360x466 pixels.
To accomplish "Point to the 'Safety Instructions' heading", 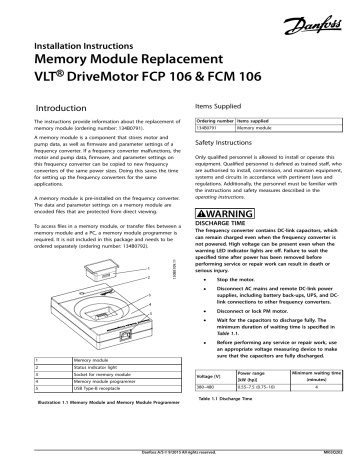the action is (222, 144).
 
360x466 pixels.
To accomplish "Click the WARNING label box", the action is (238, 214).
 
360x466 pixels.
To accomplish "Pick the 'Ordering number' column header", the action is (212, 120).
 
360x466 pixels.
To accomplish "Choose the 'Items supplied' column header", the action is (257, 120).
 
